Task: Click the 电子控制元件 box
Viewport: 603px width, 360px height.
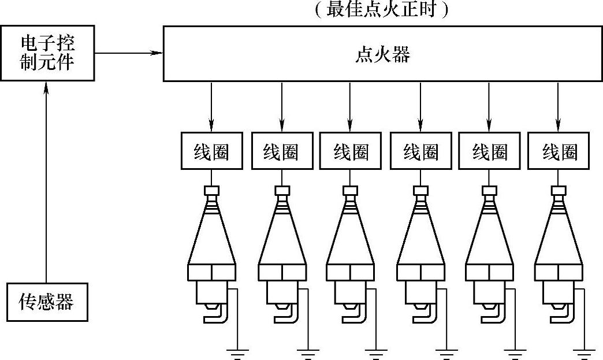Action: click(x=47, y=53)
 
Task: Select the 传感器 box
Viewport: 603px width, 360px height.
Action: click(x=47, y=302)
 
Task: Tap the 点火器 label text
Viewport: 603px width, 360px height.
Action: click(x=382, y=55)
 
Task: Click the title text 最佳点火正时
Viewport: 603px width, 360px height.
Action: click(x=382, y=10)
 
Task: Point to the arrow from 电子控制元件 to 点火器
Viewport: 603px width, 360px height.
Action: click(x=129, y=53)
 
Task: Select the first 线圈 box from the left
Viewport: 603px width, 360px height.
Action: click(x=211, y=152)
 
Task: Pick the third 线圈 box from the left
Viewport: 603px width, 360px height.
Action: click(x=351, y=152)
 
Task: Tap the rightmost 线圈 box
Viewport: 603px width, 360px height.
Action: click(x=559, y=152)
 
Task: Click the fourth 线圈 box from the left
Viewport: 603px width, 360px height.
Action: click(x=420, y=152)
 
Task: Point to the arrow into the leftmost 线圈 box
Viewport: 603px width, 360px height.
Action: click(x=211, y=107)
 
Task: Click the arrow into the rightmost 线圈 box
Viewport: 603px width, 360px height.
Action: click(x=559, y=107)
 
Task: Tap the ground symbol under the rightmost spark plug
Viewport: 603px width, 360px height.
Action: click(x=585, y=353)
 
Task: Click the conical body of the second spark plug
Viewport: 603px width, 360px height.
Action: click(x=282, y=237)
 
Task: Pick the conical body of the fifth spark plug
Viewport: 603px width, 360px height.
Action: click(x=489, y=237)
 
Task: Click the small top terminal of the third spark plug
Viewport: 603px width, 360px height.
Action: click(x=351, y=190)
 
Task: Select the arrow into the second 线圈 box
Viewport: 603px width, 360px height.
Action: click(x=282, y=107)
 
